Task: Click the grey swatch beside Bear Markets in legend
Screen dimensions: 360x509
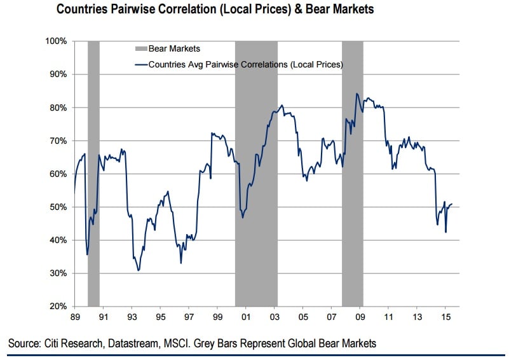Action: (140, 48)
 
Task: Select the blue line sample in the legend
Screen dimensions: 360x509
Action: (140, 64)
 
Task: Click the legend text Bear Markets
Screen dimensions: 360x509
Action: (173, 48)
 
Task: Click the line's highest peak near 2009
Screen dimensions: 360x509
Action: (357, 93)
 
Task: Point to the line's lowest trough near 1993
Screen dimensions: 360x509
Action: (138, 271)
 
